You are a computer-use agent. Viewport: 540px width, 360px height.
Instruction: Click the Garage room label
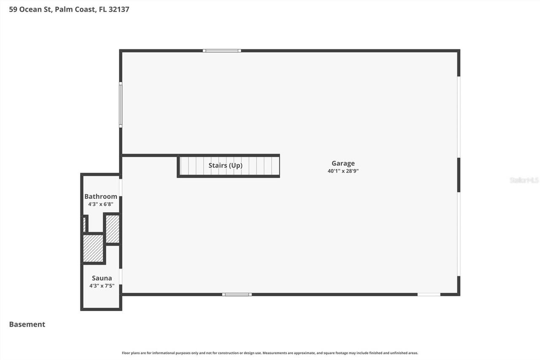pyautogui.click(x=343, y=163)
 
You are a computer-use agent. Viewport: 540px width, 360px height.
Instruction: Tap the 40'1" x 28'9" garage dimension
pyautogui.click(x=343, y=171)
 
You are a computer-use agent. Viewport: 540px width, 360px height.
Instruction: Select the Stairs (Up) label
pyautogui.click(x=225, y=165)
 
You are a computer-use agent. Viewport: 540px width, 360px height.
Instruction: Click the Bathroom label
pyautogui.click(x=101, y=196)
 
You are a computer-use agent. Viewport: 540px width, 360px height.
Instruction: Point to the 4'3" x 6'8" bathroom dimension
pyautogui.click(x=101, y=204)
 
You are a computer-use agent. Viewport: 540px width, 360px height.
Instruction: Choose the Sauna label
pyautogui.click(x=102, y=278)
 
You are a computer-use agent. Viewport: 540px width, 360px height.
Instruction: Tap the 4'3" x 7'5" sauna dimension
pyautogui.click(x=102, y=286)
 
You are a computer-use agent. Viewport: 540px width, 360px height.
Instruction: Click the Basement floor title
pyautogui.click(x=27, y=324)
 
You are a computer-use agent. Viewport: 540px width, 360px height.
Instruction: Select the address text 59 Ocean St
pyautogui.click(x=31, y=9)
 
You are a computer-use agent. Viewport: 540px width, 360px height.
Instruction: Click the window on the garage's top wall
pyautogui.click(x=221, y=51)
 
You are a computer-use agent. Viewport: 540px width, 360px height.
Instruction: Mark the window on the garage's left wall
pyautogui.click(x=121, y=105)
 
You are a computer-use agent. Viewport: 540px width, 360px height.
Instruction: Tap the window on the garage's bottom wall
pyautogui.click(x=237, y=294)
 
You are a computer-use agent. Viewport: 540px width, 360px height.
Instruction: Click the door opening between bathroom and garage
pyautogui.click(x=121, y=187)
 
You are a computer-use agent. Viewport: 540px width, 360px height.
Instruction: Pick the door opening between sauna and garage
pyautogui.click(x=121, y=276)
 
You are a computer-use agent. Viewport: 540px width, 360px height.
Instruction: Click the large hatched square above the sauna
pyautogui.click(x=93, y=249)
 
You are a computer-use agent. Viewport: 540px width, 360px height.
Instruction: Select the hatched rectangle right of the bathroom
pyautogui.click(x=112, y=229)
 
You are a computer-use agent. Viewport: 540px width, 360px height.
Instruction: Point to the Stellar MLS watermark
pyautogui.click(x=524, y=180)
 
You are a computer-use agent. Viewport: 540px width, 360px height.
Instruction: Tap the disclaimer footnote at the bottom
pyautogui.click(x=270, y=353)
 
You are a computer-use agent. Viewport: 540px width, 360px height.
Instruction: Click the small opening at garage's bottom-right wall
pyautogui.click(x=429, y=294)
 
